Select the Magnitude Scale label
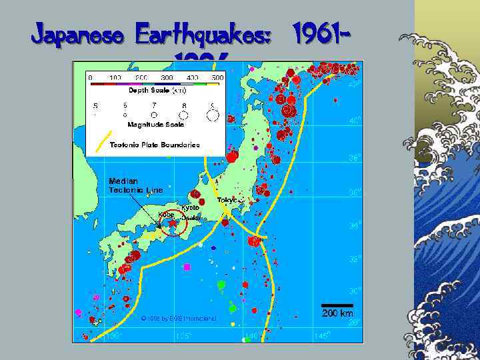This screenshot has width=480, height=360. click(155, 124)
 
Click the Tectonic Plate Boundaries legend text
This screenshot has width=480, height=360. click(154, 145)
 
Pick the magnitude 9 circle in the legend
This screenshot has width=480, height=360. click(213, 115)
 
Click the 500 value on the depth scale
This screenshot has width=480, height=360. click(217, 77)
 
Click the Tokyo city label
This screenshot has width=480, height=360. click(228, 200)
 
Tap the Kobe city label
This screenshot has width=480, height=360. click(166, 215)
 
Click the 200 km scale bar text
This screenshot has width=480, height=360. click(337, 313)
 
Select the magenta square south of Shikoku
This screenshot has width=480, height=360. click(187, 267)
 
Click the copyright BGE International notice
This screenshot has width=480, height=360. click(179, 319)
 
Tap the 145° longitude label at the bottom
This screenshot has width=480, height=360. click(322, 337)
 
